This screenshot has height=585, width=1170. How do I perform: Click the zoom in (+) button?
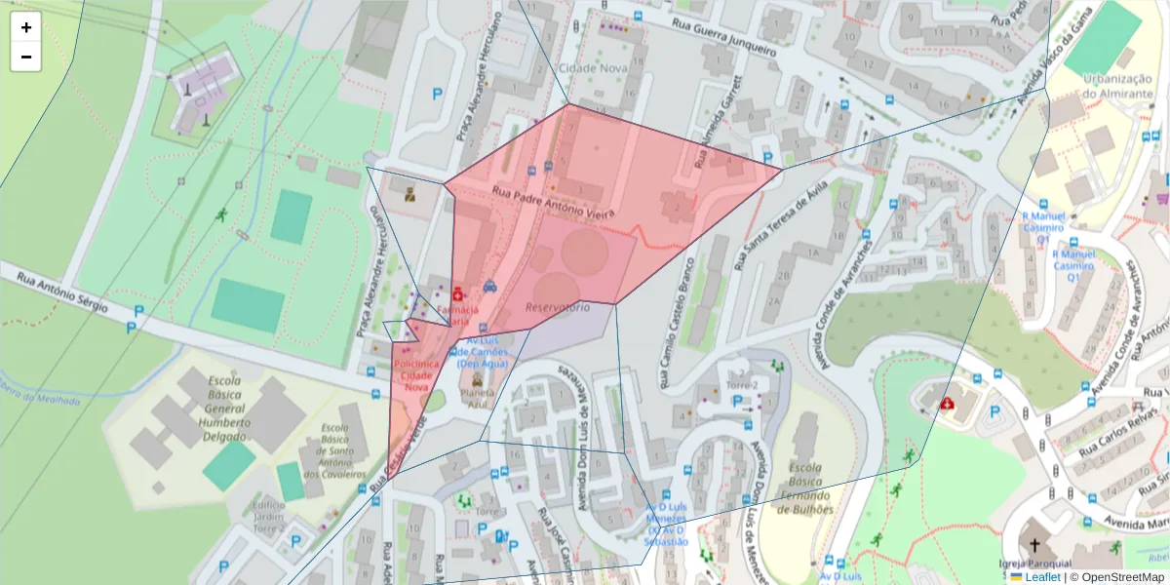26,27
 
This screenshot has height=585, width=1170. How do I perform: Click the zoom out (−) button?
26,57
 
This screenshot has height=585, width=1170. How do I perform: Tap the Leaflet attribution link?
1041,577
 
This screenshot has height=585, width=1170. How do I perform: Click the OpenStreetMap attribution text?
1116,577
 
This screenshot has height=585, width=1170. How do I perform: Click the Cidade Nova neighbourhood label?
593,67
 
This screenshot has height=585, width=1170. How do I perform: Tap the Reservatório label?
558,307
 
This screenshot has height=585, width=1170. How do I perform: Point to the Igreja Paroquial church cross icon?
1034,547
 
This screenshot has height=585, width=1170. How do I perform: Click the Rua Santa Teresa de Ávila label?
783,224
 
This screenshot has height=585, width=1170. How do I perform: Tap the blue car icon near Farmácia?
489,287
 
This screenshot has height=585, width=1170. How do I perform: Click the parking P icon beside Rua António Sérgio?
138,312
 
